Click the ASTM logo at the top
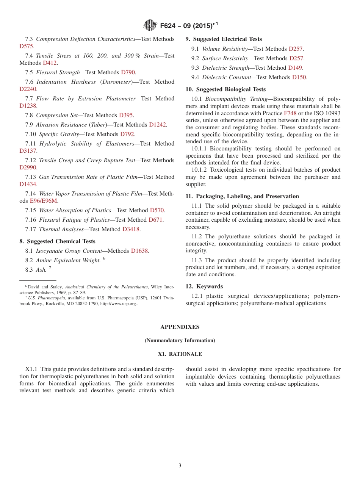pos(150,25)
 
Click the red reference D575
pos(27,46)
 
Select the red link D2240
pos(28,89)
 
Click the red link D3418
pos(131,229)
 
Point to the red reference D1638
pos(139,251)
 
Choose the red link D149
pos(295,68)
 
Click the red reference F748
pos(290,113)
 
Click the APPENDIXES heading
pos(180,327)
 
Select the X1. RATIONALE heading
pos(180,354)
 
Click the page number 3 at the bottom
pos(180,466)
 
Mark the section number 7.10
pos(30,134)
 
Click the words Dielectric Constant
pos(226,77)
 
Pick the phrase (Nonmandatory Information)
pos(180,341)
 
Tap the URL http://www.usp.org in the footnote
pos(118,304)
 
